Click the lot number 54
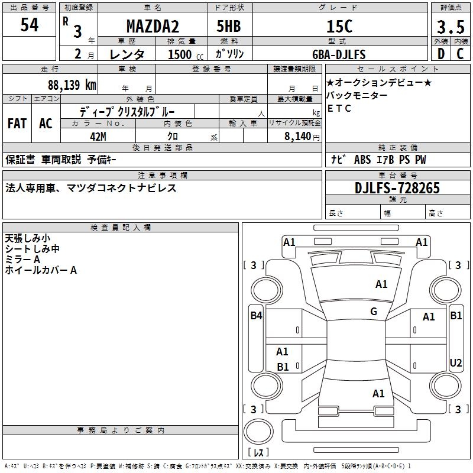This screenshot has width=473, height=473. (29, 25)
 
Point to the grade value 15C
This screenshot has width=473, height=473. (339, 27)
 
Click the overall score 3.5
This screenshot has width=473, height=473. (450, 28)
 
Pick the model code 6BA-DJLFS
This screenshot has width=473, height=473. (339, 54)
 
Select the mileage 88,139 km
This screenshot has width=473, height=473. (72, 85)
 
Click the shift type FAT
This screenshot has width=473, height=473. (17, 124)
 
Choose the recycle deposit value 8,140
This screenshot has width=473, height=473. (299, 136)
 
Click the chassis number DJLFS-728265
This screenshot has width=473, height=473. (397, 188)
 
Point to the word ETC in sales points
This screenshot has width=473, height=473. (339, 108)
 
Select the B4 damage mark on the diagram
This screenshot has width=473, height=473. (256, 316)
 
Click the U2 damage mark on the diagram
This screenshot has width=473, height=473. (456, 363)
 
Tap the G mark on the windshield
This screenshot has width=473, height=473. (374, 312)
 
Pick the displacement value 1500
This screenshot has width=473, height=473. (179, 54)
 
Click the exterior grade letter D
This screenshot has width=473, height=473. (440, 54)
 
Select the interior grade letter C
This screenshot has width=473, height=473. (460, 54)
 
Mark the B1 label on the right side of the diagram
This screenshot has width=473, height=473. (456, 316)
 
